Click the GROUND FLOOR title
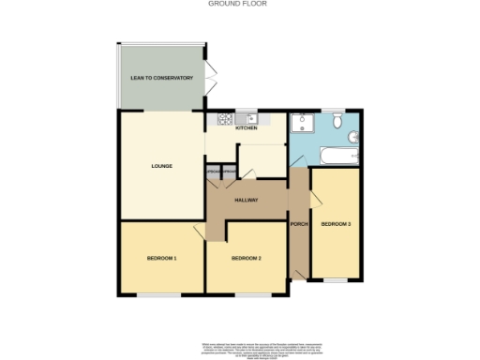pyautogui.click(x=239, y=4)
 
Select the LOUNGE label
pyautogui.click(x=161, y=166)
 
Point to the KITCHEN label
pyautogui.click(x=246, y=129)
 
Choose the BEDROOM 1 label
pyautogui.click(x=161, y=258)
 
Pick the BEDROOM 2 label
pyautogui.click(x=246, y=258)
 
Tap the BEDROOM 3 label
pyautogui.click(x=335, y=224)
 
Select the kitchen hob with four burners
pyautogui.click(x=225, y=119)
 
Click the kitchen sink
pyautogui.click(x=251, y=119)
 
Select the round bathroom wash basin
pyautogui.click(x=336, y=120)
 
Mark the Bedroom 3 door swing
pyautogui.click(x=318, y=197)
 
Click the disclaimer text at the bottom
pyautogui.click(x=239, y=345)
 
